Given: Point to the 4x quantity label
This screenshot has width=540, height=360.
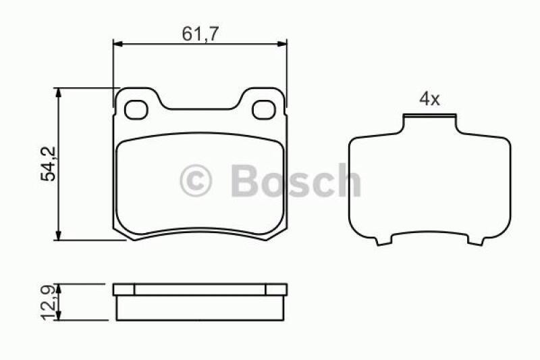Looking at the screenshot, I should coord(429,100).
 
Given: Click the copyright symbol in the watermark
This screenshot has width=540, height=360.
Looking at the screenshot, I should coord(196,181).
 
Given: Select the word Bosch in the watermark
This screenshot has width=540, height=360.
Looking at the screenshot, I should coord(295,181).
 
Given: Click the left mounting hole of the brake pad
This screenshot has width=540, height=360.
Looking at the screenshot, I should coord(138,108).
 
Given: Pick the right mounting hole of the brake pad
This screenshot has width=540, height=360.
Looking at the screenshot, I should coord(263,108).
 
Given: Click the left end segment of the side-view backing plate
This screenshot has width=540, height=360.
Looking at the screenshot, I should coord(124,290).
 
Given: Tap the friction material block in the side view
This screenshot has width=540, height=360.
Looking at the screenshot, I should coord(200,308).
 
